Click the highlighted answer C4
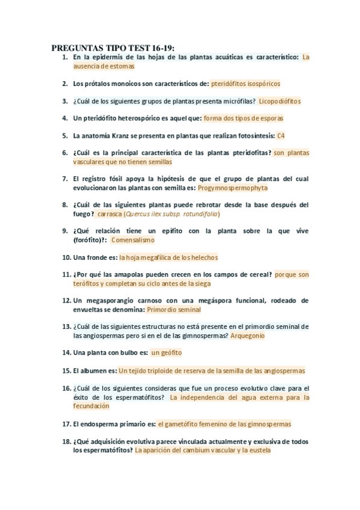tap(281, 135)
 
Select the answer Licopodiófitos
tap(279, 101)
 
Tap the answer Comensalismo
tap(133, 239)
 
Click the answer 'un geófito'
tap(166, 352)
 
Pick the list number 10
tap(66, 257)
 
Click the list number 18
tap(66, 441)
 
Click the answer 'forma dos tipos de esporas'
tap(243, 118)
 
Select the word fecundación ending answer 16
tap(92, 406)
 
